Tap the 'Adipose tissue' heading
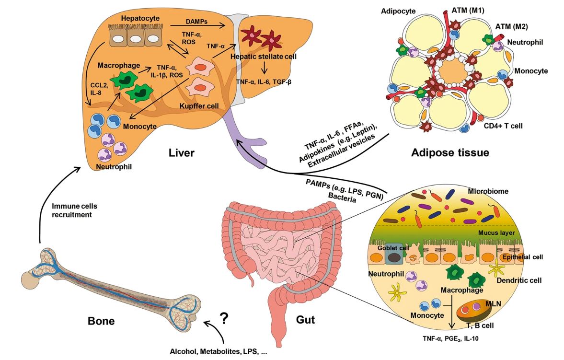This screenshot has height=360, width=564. [449, 153]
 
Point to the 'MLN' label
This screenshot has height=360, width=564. [491, 304]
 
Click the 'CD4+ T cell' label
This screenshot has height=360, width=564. [503, 126]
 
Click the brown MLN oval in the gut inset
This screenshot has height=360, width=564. [468, 313]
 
